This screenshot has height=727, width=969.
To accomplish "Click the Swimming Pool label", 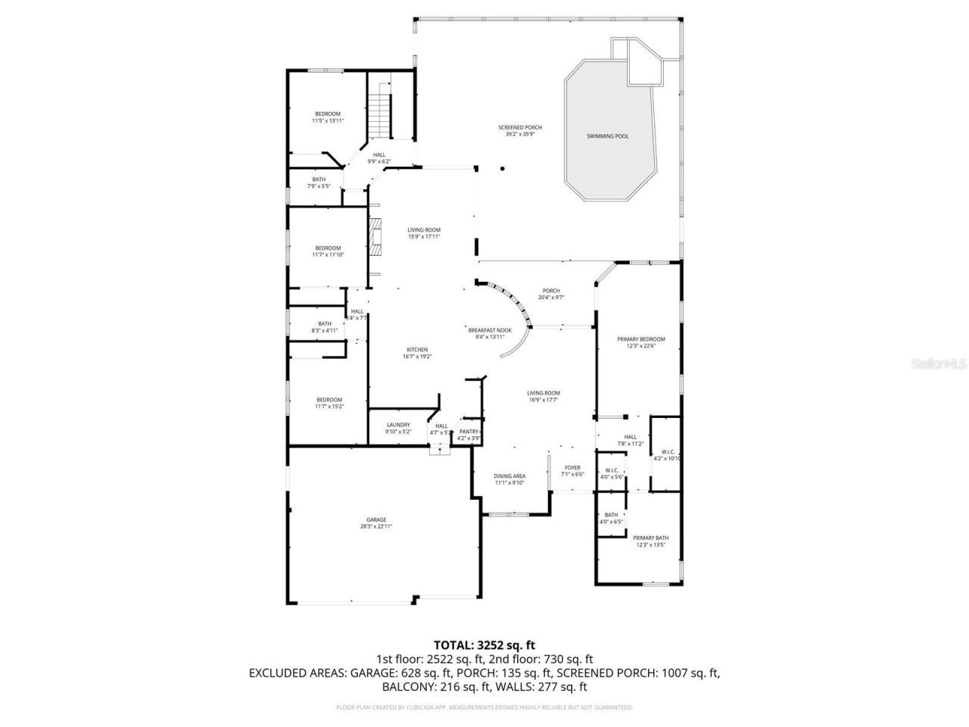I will (x=607, y=136).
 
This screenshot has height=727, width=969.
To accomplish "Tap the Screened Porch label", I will (x=519, y=127).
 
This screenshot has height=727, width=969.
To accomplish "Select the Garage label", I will (x=376, y=520).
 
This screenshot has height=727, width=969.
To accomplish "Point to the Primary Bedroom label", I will (x=640, y=339).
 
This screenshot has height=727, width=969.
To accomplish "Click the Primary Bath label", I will (x=650, y=538).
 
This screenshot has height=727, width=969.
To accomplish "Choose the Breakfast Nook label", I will (x=490, y=330).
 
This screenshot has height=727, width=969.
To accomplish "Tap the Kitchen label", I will (x=417, y=350).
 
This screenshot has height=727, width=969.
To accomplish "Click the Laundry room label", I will (x=398, y=425).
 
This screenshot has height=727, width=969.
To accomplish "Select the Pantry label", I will (x=469, y=432).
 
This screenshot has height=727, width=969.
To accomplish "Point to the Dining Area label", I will (x=509, y=476).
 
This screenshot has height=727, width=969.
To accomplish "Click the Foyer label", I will (x=572, y=468).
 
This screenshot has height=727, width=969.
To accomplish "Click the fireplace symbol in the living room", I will (x=375, y=234).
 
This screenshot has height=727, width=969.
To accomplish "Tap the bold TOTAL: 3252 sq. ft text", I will (x=484, y=645).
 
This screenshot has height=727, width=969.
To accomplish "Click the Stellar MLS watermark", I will (x=939, y=363).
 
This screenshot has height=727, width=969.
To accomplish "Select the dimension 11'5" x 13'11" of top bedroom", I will (x=328, y=120).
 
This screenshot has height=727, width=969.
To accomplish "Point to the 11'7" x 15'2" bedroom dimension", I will (x=329, y=407).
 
